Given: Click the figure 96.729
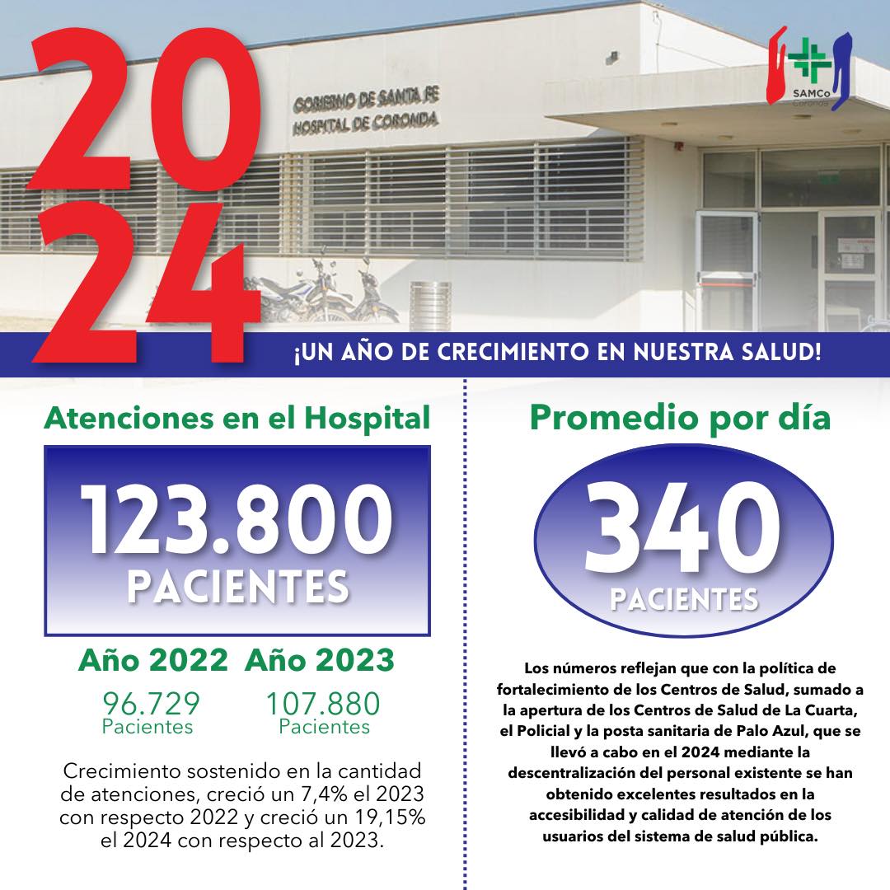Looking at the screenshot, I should pyautogui.click(x=151, y=704).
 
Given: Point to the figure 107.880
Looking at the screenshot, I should pyautogui.click(x=322, y=704).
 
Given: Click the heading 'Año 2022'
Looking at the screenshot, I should pyautogui.click(x=152, y=662).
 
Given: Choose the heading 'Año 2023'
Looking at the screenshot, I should pyautogui.click(x=320, y=662).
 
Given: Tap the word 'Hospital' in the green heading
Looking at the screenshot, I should pyautogui.click(x=367, y=419).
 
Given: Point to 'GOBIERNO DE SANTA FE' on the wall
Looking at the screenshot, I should pyautogui.click(x=365, y=101).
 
